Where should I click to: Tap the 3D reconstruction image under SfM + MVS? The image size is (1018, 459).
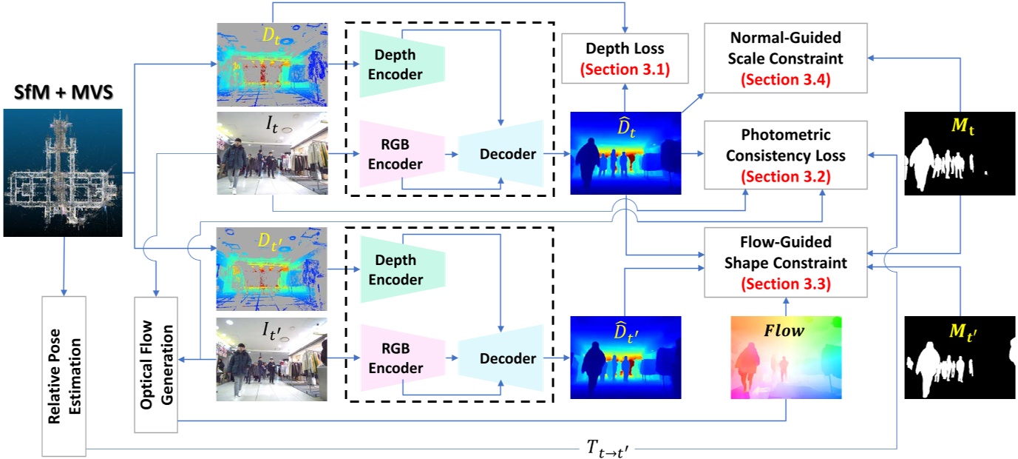point(62,172)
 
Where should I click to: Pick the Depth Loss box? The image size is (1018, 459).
point(625,59)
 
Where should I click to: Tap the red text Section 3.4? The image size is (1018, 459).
point(785,79)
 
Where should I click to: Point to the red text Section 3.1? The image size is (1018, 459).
point(625,72)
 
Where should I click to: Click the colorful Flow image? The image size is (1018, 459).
point(786,358)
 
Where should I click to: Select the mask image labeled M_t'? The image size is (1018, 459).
point(960,358)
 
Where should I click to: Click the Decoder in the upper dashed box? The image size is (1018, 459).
point(500,154)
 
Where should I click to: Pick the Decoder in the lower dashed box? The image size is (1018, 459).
point(500,358)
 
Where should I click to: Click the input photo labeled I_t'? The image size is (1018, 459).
point(271,358)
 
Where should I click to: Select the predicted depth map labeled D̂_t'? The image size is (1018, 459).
point(625,358)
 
